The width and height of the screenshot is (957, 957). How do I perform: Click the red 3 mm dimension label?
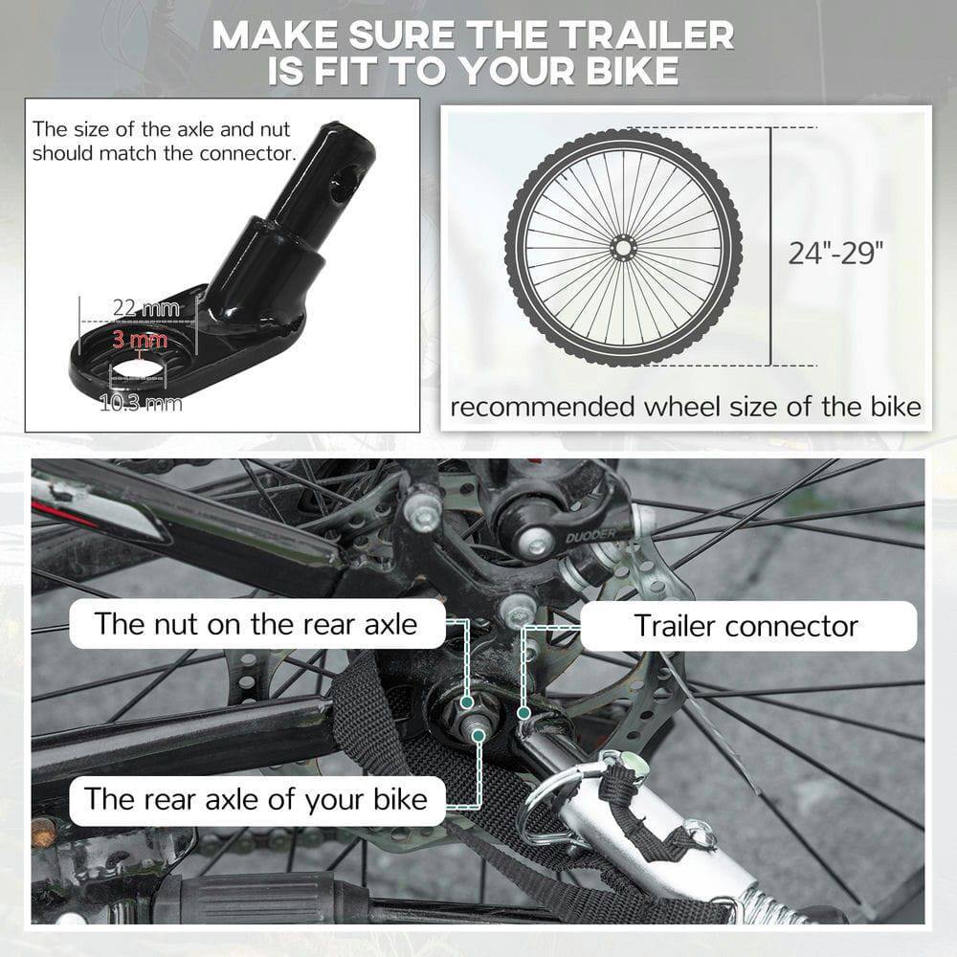pos(140,339)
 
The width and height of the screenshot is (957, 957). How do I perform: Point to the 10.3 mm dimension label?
pos(141,402)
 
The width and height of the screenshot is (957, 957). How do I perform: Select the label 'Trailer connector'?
pos(746,626)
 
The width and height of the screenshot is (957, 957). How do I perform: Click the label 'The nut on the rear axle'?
pos(256,624)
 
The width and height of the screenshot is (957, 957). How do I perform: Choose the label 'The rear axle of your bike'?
pos(256,798)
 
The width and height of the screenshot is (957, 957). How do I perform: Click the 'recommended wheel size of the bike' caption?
pos(685,407)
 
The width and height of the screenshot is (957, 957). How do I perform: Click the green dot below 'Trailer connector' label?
pos(523,713)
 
